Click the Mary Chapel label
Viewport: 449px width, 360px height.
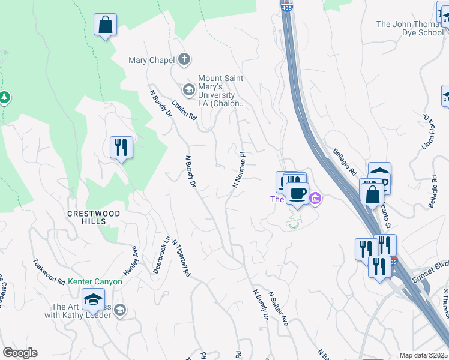151,60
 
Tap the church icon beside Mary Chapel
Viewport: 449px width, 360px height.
184,60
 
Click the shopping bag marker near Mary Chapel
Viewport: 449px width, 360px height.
106,25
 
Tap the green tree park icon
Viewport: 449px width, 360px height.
5,97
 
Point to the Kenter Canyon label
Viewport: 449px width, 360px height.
95,281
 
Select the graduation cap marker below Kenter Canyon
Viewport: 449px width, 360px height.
93,300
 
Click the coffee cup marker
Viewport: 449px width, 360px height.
296,193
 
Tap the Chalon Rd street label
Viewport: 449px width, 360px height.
184,110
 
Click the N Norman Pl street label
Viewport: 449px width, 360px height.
239,170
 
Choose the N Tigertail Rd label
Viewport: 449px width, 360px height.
181,259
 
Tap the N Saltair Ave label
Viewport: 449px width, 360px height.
279,308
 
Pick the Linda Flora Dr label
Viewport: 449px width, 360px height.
427,132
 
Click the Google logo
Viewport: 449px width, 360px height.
20,353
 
